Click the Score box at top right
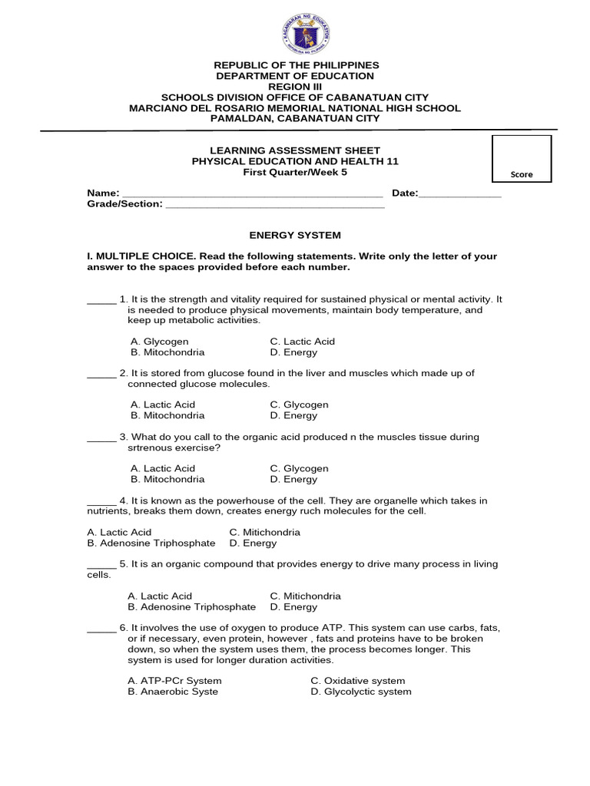522,160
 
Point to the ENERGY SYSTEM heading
294,235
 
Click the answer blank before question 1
101,300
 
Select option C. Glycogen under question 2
299,405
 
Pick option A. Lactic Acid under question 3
163,468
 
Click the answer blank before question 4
101,502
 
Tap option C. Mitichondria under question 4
264,532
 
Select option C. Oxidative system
357,681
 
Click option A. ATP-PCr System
176,681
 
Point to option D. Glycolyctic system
360,692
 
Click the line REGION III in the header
294,87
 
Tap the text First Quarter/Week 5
294,173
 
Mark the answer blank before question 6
101,629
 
